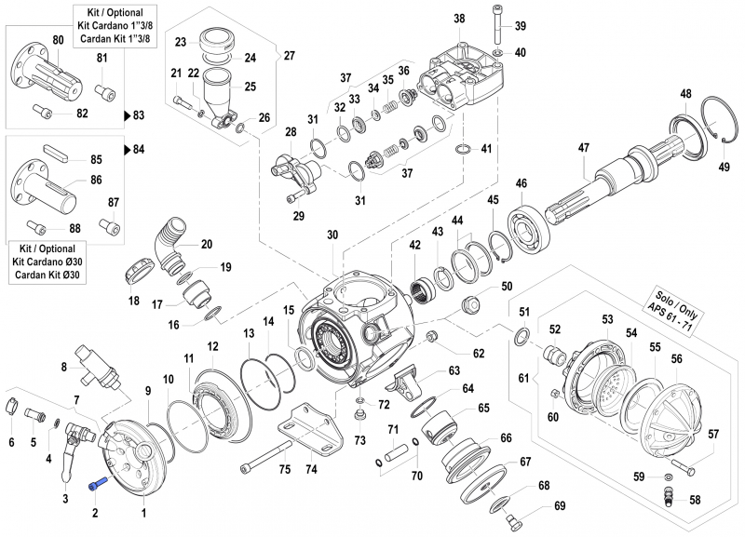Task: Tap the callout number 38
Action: [x=458, y=20]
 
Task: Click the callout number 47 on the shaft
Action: [x=584, y=148]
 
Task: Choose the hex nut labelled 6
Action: [x=12, y=405]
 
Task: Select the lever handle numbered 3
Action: [x=68, y=459]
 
